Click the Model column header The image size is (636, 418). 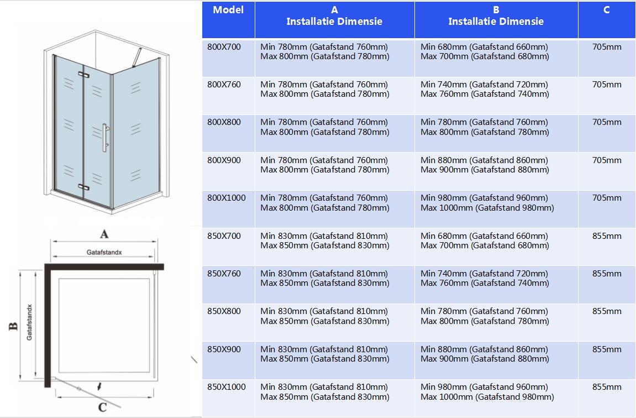[228, 10]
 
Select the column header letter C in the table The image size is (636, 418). [606, 10]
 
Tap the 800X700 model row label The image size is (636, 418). [224, 47]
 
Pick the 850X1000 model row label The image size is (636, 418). [226, 387]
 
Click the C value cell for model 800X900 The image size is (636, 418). [606, 160]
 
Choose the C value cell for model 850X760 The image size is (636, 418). [606, 274]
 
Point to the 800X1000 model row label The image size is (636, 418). [226, 198]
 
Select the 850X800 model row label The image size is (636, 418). [224, 311]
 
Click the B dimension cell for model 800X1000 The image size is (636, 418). [487, 203]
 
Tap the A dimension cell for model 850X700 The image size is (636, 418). [325, 241]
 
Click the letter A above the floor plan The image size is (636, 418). [104, 234]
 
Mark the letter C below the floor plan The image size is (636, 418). [102, 408]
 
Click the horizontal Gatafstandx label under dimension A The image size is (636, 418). [104, 252]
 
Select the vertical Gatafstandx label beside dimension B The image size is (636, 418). [29, 322]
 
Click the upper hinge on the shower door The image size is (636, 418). [83, 74]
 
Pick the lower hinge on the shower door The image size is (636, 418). [83, 187]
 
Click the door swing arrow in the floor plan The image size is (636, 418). [99, 385]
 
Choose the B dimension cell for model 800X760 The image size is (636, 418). [485, 90]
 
